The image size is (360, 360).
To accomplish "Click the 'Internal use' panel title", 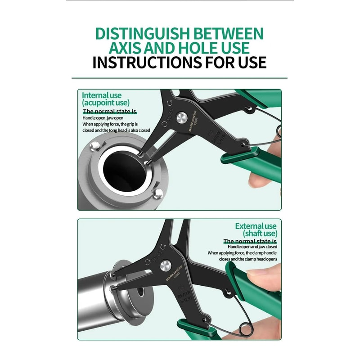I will tap(102, 95).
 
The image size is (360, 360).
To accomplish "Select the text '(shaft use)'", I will tap(260, 234).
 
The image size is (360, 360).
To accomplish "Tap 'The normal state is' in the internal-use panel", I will tap(109, 111).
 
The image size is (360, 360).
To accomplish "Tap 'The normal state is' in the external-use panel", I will tap(250, 241).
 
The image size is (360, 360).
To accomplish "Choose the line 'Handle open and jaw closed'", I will tap(252, 247).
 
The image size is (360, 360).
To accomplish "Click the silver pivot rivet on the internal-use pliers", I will tap(182, 117).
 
